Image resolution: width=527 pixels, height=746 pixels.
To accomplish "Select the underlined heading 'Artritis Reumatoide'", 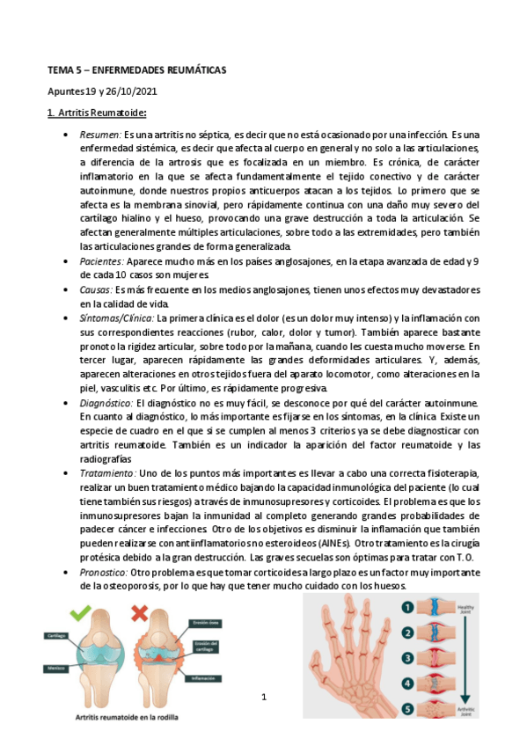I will [x=101, y=113].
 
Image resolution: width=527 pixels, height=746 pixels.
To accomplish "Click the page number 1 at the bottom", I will [x=263, y=698].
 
